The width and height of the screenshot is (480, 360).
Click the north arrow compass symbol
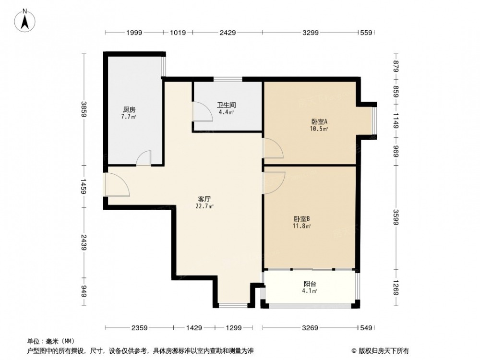click(x=25, y=20)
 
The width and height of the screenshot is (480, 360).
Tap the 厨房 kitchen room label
click(x=129, y=109)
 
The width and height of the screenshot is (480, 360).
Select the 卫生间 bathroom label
click(x=227, y=105)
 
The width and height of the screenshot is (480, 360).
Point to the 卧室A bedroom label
click(x=319, y=122)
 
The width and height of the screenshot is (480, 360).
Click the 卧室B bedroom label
click(x=302, y=219)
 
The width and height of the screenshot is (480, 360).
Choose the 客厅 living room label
click(x=204, y=199)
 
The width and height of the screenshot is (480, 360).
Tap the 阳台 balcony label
click(x=310, y=284)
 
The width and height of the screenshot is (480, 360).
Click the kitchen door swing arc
click(x=144, y=158)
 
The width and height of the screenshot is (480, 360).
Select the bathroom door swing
click(x=203, y=112)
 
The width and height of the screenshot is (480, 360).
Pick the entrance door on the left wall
click(x=117, y=185)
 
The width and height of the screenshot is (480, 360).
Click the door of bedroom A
click(x=273, y=148)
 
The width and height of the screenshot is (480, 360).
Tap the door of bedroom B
click(x=274, y=183)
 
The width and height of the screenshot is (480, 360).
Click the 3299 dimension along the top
click(x=311, y=33)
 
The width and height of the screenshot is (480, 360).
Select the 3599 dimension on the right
click(x=396, y=217)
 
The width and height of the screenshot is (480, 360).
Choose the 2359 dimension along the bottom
click(x=139, y=328)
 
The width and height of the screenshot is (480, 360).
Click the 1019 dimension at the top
click(x=178, y=33)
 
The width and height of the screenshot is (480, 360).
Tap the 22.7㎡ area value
click(x=204, y=206)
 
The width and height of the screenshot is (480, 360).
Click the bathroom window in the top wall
click(x=228, y=79)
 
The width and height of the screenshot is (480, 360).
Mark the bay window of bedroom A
click(x=374, y=120)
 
